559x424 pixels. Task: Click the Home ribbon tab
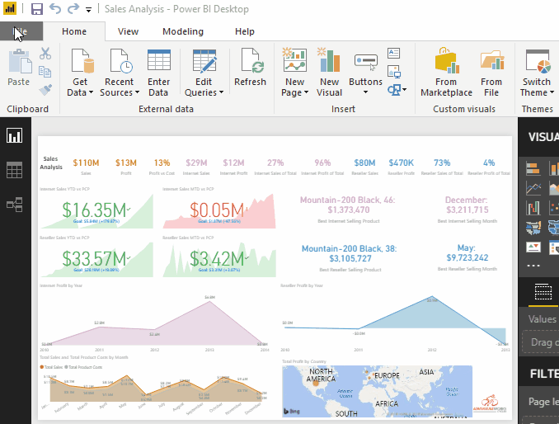pyautogui.click(x=74, y=31)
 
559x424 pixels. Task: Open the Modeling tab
pyautogui.click(x=182, y=31)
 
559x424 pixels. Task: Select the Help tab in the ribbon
pyautogui.click(x=245, y=31)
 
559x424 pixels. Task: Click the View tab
pyautogui.click(x=128, y=31)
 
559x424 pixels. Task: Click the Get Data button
pyautogui.click(x=81, y=73)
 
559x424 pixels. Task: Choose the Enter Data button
pyautogui.click(x=159, y=73)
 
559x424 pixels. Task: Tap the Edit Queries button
pyautogui.click(x=204, y=73)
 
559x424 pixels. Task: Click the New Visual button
pyautogui.click(x=329, y=73)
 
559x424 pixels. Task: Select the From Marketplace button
pyautogui.click(x=446, y=73)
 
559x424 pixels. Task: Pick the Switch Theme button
pyautogui.click(x=537, y=73)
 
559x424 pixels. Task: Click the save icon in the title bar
pyautogui.click(x=37, y=9)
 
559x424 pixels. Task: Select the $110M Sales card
pyautogui.click(x=86, y=163)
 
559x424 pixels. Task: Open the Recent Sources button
pyautogui.click(x=120, y=73)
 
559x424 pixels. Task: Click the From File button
pyautogui.click(x=491, y=73)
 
